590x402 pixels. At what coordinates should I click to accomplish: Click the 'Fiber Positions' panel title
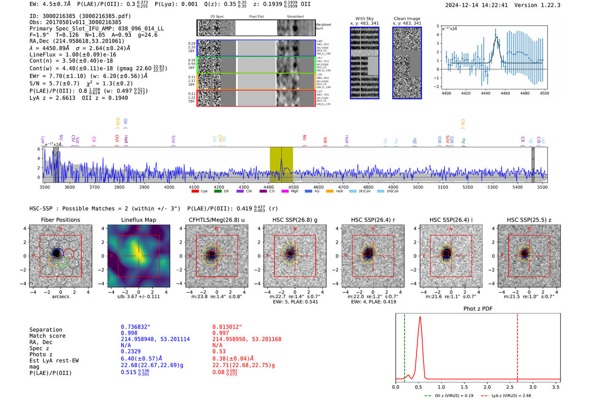tap(60, 220)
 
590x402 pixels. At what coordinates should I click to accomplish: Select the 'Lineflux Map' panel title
tap(138, 220)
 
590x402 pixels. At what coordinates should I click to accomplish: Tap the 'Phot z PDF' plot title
tap(477, 309)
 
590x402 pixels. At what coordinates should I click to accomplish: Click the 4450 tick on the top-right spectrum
tap(485, 93)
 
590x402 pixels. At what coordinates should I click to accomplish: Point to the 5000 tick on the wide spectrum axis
tap(418, 187)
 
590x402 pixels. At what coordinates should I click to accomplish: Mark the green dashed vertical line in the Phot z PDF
tap(404, 346)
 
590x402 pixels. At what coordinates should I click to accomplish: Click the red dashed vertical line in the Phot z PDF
tap(517, 346)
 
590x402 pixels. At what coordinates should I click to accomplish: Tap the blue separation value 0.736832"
tap(135, 327)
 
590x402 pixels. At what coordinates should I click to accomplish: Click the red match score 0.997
tap(221, 333)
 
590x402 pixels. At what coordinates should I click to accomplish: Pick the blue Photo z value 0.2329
tap(131, 351)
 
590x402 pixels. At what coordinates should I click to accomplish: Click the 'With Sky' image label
tap(364, 19)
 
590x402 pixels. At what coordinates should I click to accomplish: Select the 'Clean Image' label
tap(407, 19)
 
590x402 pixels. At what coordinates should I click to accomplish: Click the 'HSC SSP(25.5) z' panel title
tap(529, 220)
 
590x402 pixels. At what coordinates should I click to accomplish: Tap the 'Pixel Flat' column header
tap(256, 17)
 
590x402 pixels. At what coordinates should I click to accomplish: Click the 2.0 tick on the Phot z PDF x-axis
tap(487, 387)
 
